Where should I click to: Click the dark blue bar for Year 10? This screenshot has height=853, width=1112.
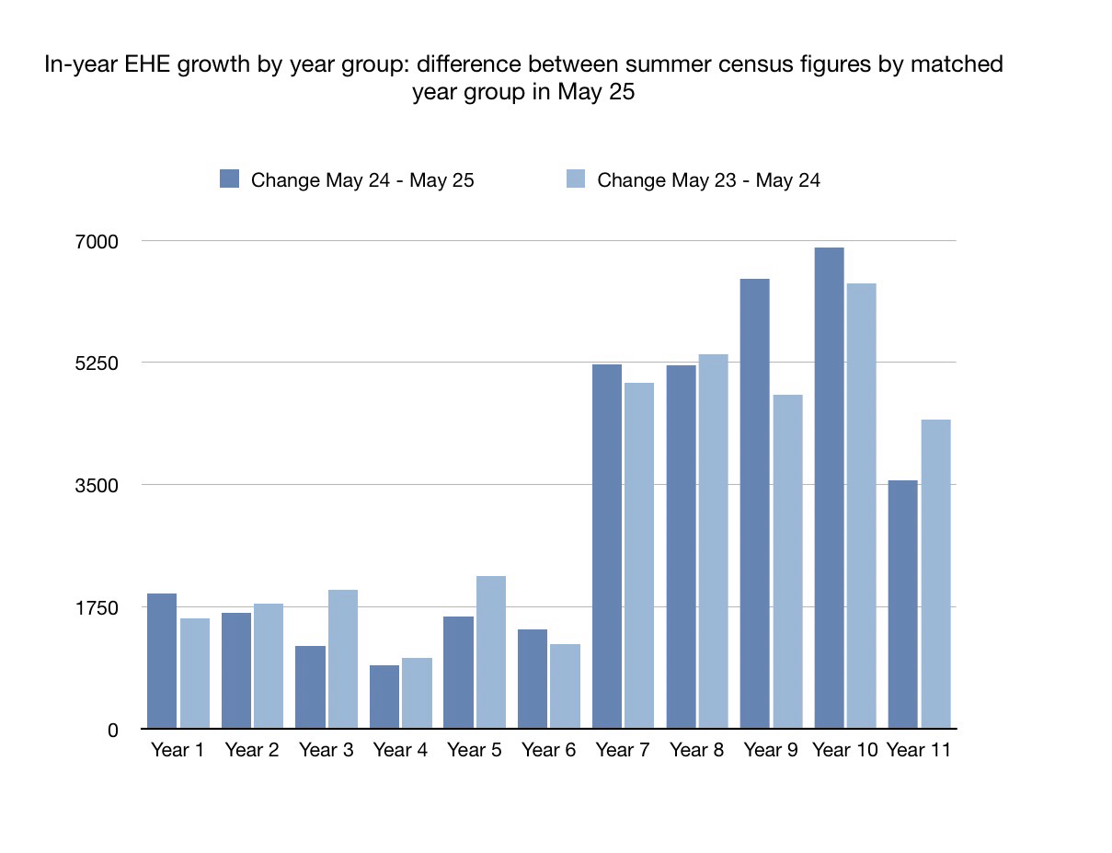point(829,488)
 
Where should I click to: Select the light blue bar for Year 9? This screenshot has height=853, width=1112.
point(787,561)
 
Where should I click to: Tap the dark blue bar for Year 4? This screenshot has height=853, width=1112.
point(384,697)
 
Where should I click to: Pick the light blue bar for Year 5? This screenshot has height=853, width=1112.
point(491,651)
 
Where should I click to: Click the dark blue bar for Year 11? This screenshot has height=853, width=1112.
point(902,604)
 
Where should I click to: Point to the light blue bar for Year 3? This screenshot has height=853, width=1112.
point(343,659)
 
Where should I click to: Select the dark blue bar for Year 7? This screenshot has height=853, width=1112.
point(606,546)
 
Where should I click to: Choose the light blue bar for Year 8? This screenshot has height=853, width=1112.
point(713,541)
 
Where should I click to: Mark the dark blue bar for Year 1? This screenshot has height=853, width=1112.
point(162,661)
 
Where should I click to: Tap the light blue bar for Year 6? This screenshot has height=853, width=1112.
point(566,686)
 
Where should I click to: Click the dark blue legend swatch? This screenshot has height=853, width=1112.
point(229,179)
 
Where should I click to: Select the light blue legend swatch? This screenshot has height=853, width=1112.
point(575,179)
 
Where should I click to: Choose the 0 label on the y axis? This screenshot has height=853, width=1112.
point(113,730)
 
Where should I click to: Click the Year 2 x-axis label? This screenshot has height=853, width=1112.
point(251,750)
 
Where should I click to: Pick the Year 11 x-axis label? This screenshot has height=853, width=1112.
point(918,750)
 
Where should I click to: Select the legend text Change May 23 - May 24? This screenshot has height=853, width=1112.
point(708,179)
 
